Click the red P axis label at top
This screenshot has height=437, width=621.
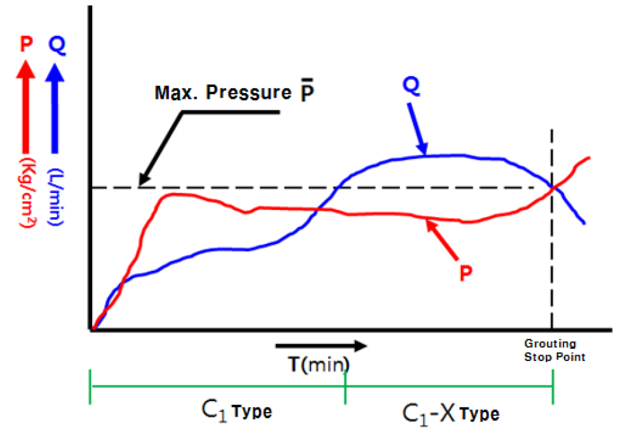click(x=26, y=44)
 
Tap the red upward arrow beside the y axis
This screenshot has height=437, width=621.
click(x=26, y=105)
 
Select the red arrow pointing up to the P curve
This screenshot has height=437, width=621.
click(x=443, y=238)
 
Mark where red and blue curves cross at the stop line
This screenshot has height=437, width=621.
click(x=554, y=188)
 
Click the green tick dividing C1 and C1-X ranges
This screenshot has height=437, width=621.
click(x=345, y=386)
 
